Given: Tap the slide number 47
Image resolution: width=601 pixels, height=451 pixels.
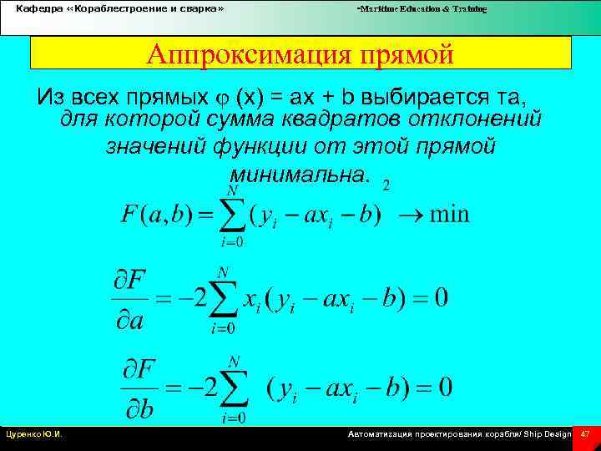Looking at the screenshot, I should point(585,434).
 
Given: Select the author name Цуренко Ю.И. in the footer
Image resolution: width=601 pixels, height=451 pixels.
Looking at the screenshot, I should point(38,434).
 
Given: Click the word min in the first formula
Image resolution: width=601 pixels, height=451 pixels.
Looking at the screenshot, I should point(448,214).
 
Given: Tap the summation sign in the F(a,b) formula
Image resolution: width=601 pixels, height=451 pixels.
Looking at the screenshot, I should point(233,213).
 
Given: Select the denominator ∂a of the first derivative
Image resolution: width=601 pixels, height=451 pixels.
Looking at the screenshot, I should point(132,320).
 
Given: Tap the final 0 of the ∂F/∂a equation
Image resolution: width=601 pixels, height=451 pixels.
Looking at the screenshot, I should point(440,297).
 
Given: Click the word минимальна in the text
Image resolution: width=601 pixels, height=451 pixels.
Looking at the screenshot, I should point(294,175).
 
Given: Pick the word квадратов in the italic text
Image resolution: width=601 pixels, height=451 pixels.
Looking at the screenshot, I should point(313,119).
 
